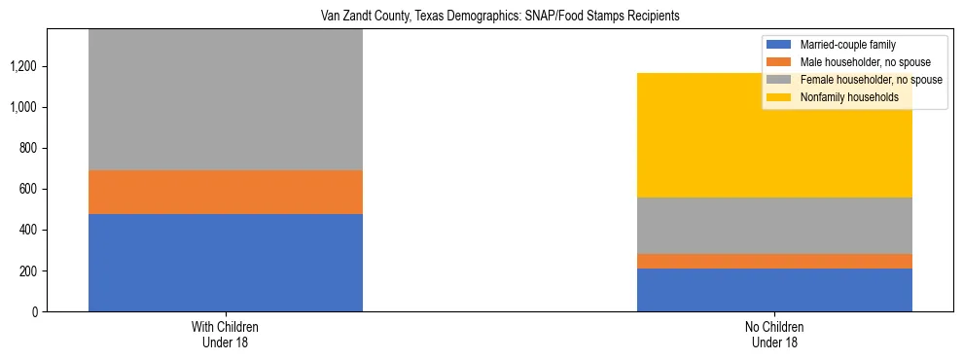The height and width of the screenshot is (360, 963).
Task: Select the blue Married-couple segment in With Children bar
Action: [x=226, y=262]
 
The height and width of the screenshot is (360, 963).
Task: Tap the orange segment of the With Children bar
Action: [x=226, y=192]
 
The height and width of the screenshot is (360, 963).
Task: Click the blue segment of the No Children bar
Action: [x=774, y=289]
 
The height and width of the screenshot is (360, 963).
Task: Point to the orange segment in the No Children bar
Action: [x=774, y=261]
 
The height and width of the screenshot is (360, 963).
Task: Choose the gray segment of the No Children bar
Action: [x=774, y=226]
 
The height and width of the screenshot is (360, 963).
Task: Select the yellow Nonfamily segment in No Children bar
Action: [x=774, y=135]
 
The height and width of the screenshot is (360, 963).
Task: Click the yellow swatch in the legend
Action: [x=779, y=97]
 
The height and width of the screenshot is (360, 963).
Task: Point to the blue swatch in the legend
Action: [x=779, y=45]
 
